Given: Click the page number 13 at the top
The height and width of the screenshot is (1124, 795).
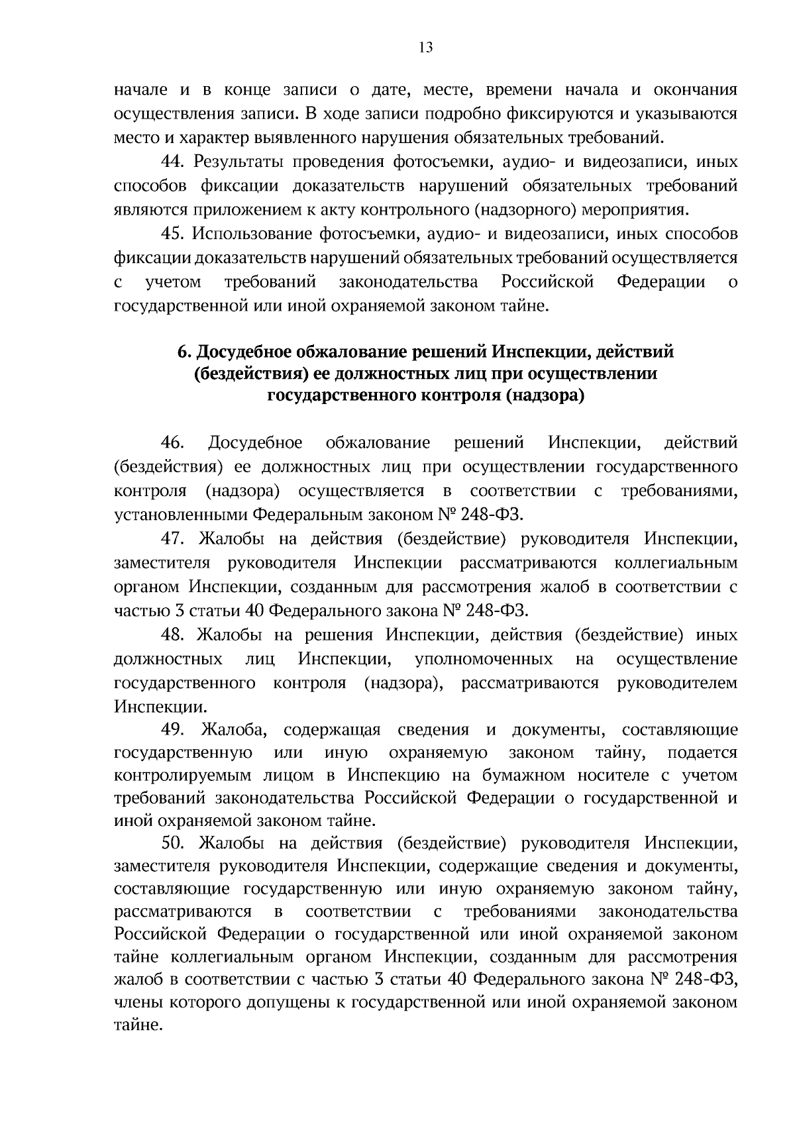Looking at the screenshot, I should pyautogui.click(x=425, y=47).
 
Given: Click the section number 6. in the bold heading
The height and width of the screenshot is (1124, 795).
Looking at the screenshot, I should pyautogui.click(x=185, y=352).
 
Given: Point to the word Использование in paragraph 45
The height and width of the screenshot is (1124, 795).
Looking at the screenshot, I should pyautogui.click(x=251, y=234).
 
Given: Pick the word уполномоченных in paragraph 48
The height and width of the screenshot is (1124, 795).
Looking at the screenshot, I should pyautogui.click(x=484, y=660).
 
